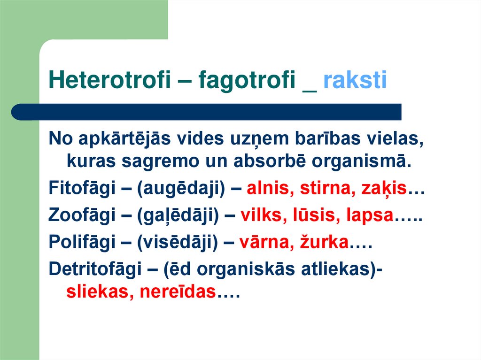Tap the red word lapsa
(369, 216)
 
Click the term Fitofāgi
(82, 189)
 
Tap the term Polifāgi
(82, 244)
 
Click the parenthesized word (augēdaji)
(182, 189)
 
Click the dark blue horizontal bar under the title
(207, 112)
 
